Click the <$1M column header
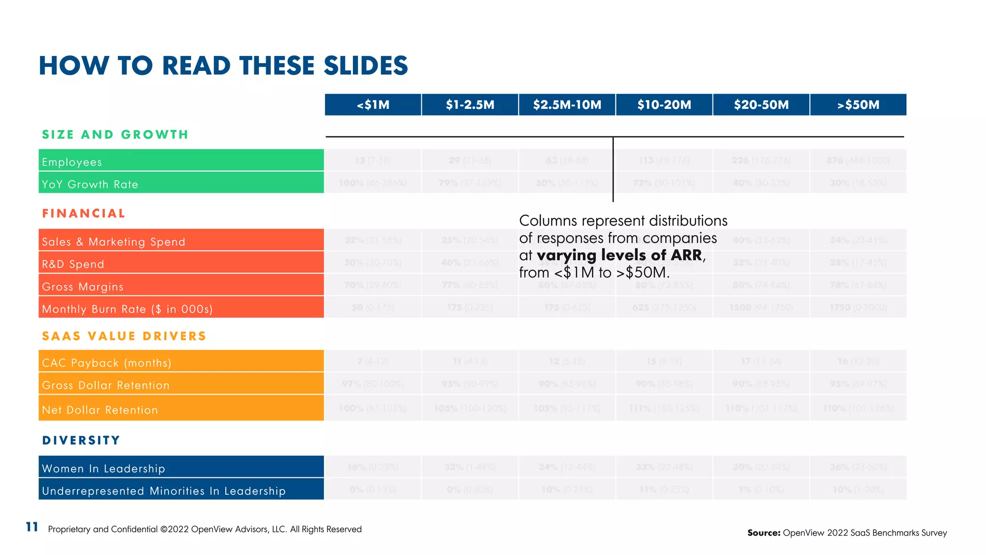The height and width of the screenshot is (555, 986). (x=373, y=105)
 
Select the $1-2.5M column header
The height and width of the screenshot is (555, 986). (x=470, y=105)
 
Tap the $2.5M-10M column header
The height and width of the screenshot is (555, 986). (x=567, y=105)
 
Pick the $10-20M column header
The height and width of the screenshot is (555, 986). (x=664, y=105)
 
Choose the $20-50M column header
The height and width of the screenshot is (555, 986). (x=761, y=105)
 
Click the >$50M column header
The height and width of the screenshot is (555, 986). (x=858, y=105)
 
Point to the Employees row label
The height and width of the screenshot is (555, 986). (x=72, y=162)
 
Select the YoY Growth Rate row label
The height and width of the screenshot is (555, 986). (x=90, y=184)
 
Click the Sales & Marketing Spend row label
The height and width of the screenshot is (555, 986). (x=114, y=241)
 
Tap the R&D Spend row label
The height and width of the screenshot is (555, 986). (x=73, y=264)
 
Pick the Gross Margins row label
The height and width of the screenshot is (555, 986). (x=83, y=287)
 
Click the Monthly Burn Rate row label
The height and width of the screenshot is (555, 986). (x=127, y=309)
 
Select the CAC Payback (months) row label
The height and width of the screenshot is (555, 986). (x=106, y=363)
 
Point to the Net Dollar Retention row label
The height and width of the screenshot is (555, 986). (x=100, y=410)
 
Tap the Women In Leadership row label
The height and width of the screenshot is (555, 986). (x=104, y=468)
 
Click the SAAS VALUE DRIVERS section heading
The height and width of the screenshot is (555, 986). (x=124, y=336)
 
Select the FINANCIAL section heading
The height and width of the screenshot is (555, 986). (x=84, y=213)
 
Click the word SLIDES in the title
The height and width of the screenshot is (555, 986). (x=365, y=66)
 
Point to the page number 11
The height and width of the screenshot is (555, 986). (x=32, y=527)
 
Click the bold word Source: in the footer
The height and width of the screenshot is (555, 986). (x=764, y=532)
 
